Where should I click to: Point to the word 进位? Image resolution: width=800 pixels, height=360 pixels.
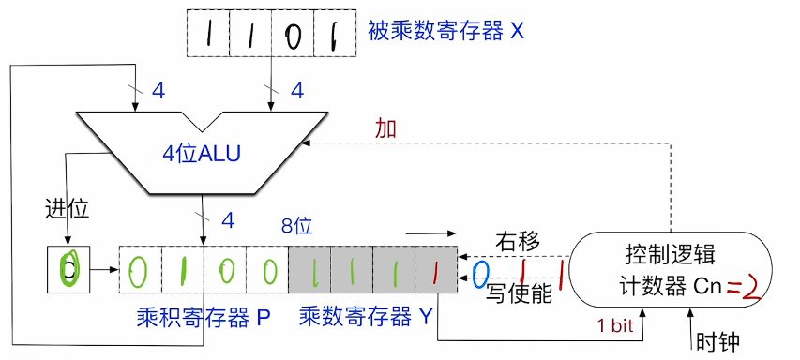66,208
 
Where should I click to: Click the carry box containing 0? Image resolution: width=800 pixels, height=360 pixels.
67,268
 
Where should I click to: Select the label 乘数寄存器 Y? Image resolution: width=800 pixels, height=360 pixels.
365,316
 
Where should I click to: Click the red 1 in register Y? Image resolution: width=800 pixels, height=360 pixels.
435,271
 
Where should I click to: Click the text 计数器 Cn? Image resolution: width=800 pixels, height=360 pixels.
672,287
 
